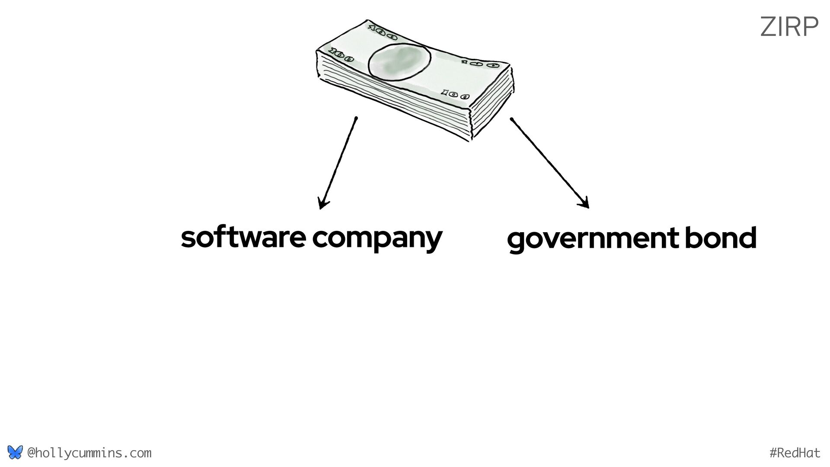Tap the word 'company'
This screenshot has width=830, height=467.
[x=377, y=239]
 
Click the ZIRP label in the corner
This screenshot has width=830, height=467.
[x=789, y=27]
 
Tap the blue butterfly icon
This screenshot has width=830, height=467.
[x=15, y=453]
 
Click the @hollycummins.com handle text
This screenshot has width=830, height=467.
[x=89, y=453]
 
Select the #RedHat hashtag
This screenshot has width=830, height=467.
[x=795, y=453]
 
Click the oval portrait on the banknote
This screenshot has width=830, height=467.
[x=399, y=62]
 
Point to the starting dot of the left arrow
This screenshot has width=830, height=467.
[x=356, y=118]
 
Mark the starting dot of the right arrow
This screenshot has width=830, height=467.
[x=511, y=118]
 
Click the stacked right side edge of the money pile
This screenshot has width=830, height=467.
[x=493, y=106]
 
